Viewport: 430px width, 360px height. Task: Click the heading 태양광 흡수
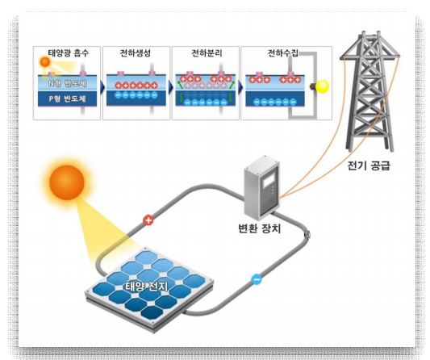point(69,52)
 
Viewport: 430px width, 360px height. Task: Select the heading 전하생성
point(136,52)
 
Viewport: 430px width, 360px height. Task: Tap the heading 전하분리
point(207,52)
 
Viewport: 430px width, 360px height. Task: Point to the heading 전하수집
point(282,52)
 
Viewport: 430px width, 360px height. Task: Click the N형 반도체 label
point(68,83)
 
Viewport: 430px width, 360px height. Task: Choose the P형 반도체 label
point(68,98)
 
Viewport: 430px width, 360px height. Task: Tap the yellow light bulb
point(322,86)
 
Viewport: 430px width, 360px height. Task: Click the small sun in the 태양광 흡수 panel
point(45,62)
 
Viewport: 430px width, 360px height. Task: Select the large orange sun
point(67,182)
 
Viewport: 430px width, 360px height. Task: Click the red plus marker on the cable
point(148,220)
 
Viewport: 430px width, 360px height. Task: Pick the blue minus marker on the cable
point(257,279)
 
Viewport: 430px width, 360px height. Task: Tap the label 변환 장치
point(260,228)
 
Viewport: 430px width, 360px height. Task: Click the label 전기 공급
point(369,165)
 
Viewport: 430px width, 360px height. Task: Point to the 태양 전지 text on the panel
point(146,287)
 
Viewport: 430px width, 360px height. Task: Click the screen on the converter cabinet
point(267,181)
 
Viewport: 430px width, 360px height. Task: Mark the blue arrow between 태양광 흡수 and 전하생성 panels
point(102,87)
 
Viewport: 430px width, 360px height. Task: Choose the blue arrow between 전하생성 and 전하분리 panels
point(171,87)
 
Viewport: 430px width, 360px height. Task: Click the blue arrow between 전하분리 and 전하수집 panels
point(240,87)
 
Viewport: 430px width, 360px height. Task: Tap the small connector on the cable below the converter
point(307,235)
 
